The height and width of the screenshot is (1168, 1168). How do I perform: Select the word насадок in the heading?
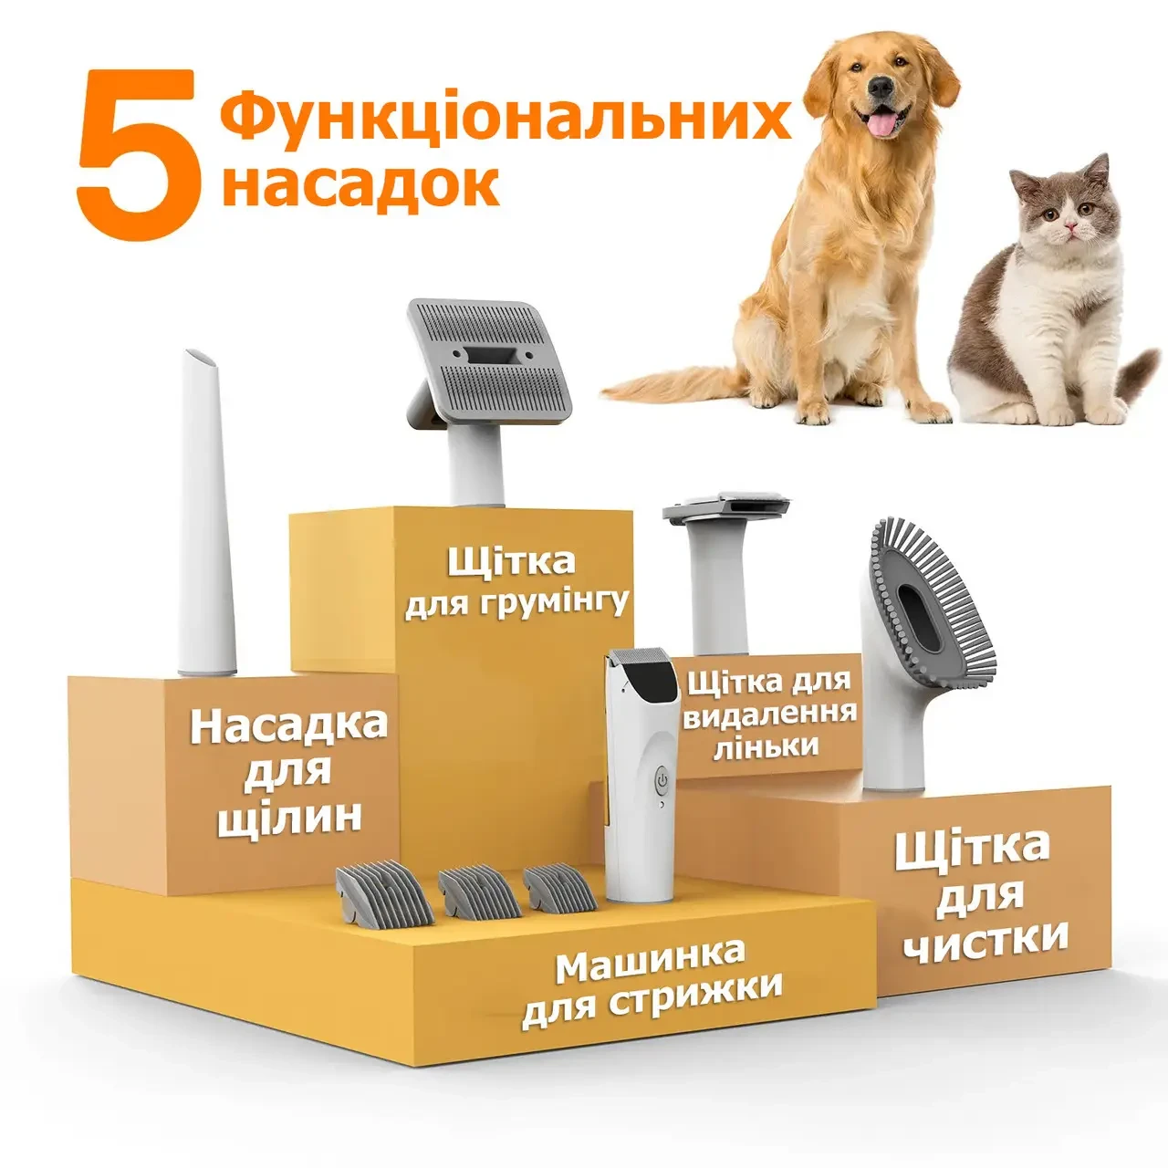[360, 183]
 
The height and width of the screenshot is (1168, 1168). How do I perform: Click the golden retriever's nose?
[880, 88]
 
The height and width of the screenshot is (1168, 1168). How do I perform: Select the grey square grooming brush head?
[488, 365]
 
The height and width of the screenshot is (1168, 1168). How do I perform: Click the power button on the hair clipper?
[662, 781]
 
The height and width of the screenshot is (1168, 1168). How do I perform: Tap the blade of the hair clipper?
[638, 657]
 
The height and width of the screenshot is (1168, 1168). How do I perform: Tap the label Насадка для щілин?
[288, 771]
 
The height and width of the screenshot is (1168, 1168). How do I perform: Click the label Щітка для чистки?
[985, 894]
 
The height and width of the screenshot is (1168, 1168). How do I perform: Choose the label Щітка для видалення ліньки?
[768, 714]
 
